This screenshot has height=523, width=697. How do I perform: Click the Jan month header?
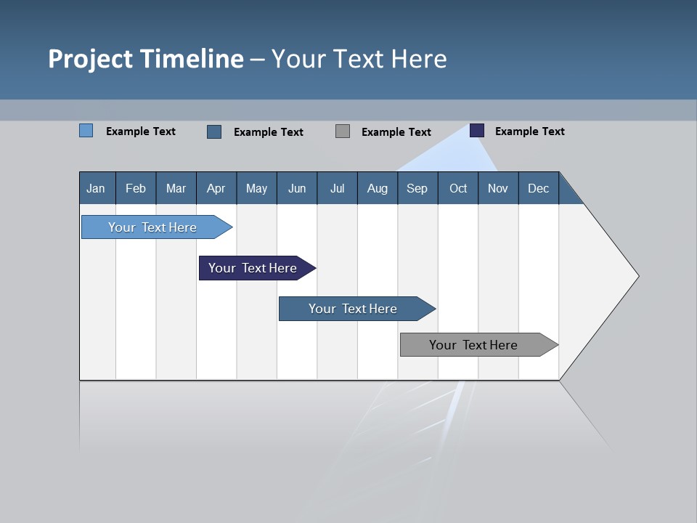point(96,188)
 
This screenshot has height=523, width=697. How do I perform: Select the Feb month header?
point(136,188)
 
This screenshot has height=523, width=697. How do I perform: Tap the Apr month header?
point(216,188)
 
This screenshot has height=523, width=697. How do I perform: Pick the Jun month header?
point(297,188)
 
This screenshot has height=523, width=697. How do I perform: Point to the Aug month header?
point(377,188)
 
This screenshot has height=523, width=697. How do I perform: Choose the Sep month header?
point(417,188)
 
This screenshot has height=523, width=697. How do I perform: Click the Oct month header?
point(458,188)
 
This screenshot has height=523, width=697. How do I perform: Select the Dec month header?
point(538,188)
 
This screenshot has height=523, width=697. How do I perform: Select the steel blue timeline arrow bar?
point(354,309)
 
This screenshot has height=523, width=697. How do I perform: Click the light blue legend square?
point(86,131)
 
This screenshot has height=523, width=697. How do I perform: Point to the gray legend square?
point(343,131)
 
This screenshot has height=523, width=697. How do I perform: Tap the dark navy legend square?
point(477,131)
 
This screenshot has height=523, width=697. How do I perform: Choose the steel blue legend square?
point(214,131)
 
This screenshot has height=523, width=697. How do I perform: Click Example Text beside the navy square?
point(529,131)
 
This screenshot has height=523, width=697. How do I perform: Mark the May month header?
point(256,188)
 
